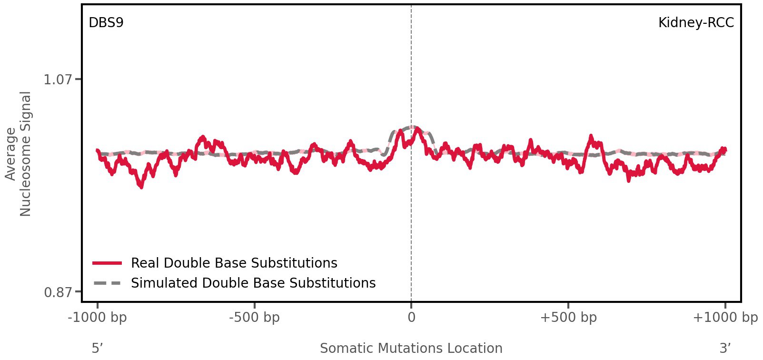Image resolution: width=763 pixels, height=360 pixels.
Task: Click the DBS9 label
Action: coord(106,23)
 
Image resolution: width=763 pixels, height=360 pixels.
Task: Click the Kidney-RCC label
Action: coord(695,23)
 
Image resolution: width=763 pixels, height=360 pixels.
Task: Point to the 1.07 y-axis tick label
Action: coord(58,80)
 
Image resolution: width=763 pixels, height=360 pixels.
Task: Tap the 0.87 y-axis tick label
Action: coord(58,292)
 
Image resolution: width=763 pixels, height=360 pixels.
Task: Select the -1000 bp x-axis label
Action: coord(98,317)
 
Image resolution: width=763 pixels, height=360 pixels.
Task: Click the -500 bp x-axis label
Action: coord(254,317)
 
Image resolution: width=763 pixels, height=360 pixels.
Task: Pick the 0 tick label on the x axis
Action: coord(411,317)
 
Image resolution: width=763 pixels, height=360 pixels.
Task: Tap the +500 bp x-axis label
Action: coord(568,317)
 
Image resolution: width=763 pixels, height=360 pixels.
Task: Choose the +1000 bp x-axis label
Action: coord(724,317)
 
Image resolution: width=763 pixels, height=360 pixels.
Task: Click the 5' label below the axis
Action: coord(97,348)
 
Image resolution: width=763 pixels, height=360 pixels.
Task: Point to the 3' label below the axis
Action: coord(725,348)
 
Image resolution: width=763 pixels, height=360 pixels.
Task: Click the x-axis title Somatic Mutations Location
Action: coord(411,348)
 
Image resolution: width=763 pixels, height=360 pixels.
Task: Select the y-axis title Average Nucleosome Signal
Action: coord(19,154)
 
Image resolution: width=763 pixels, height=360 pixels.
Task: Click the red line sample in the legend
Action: coord(108,263)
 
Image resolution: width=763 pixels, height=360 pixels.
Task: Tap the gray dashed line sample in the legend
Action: coord(108,283)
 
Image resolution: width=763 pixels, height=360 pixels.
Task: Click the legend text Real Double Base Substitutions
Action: coord(234,263)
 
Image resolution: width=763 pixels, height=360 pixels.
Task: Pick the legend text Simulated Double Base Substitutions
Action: coord(253,283)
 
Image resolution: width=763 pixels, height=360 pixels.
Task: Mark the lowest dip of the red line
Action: coord(141,187)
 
